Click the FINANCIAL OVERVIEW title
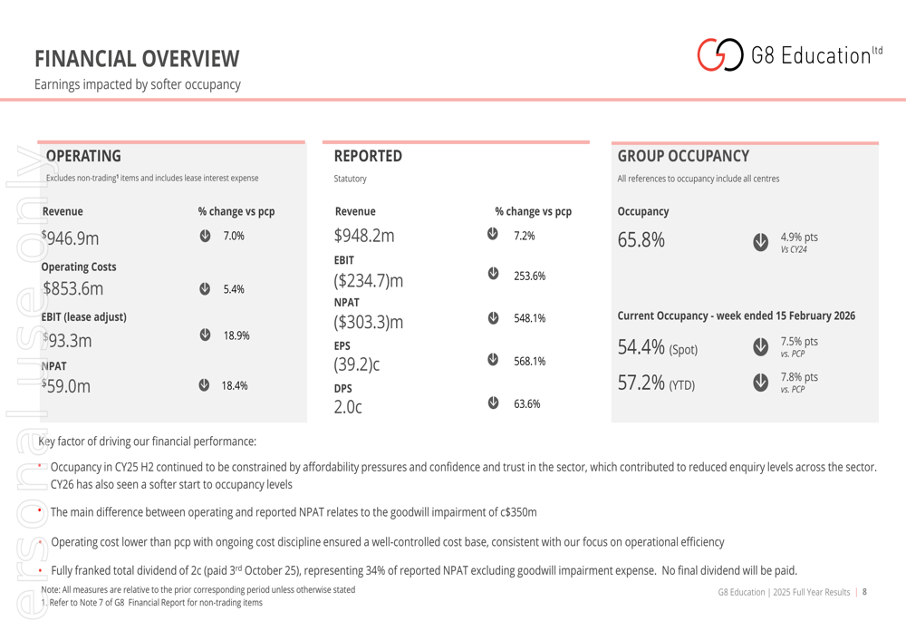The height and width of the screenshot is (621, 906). click(x=137, y=59)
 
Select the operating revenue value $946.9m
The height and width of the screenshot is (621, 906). click(x=71, y=238)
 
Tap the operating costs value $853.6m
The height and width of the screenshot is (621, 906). click(x=73, y=289)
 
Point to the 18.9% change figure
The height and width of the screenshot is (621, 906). click(x=236, y=335)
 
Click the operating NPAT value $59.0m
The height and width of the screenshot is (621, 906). click(x=66, y=385)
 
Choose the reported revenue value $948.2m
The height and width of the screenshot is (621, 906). click(x=364, y=236)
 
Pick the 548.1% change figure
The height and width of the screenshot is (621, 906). click(x=529, y=318)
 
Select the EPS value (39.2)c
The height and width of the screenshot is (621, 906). click(x=357, y=365)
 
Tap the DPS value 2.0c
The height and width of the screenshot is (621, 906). click(x=347, y=408)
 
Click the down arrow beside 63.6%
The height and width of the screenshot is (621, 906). click(x=493, y=403)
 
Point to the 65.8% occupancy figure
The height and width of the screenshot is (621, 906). click(x=641, y=240)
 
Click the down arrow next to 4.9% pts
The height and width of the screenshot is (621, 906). click(x=760, y=242)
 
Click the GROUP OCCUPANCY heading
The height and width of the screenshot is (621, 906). click(x=683, y=156)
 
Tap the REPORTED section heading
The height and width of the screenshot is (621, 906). click(x=368, y=156)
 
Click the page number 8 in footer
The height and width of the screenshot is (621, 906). click(x=864, y=592)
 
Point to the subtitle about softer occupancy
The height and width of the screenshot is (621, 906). click(x=138, y=84)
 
